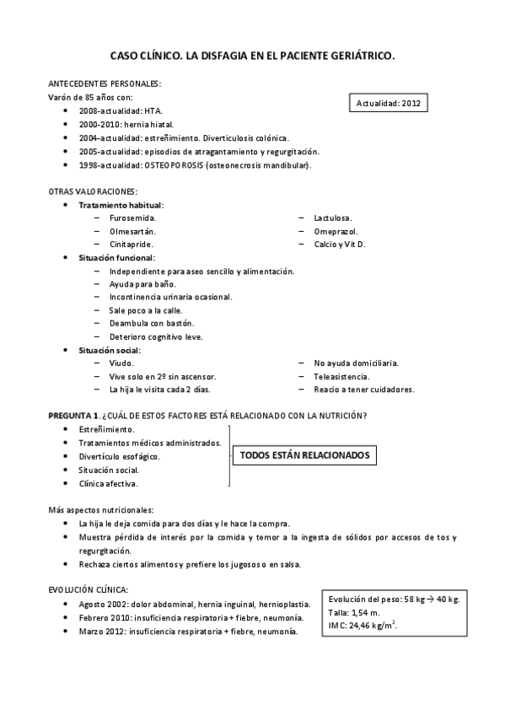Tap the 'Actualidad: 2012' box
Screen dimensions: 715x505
[x=389, y=104]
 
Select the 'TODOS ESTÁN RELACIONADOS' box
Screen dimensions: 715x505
[x=305, y=455]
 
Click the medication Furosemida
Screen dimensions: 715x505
[x=132, y=218]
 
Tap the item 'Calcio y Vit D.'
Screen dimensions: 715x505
[x=340, y=244]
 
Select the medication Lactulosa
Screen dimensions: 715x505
[x=332, y=218]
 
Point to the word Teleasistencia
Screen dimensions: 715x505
[x=341, y=376]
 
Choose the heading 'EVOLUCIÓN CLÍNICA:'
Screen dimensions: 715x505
[x=89, y=590]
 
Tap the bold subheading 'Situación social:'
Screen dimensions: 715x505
[x=110, y=350]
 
